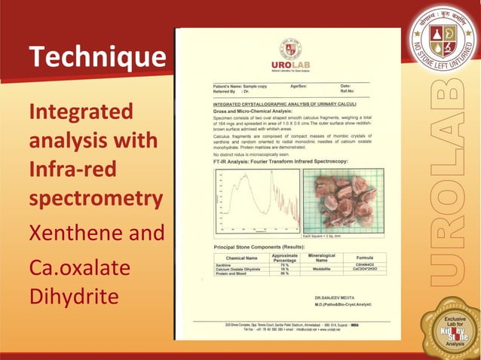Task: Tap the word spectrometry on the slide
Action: point(95,199)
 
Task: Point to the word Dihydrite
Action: point(74,297)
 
